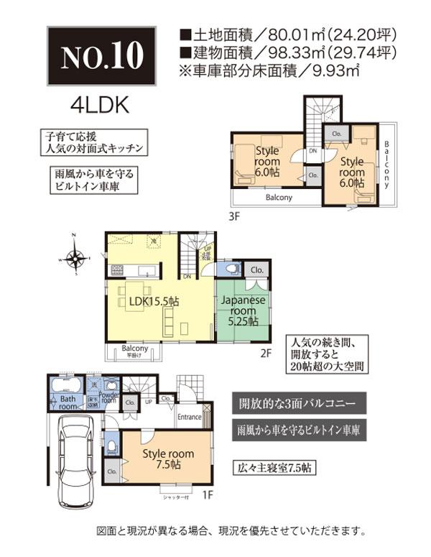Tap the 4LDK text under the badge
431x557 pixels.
pyautogui.click(x=99, y=105)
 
